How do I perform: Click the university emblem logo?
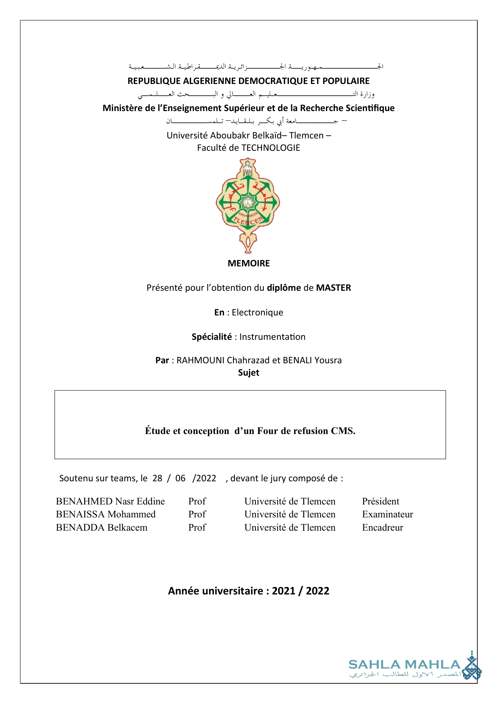248,205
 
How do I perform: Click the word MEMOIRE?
249,263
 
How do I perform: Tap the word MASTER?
333,288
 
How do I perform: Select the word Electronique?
257,312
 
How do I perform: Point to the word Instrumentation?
272,337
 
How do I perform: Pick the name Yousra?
328,360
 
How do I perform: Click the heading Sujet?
249,373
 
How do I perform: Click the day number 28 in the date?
157,478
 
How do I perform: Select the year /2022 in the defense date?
204,478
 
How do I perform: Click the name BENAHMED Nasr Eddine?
110,501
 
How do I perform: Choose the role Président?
381,501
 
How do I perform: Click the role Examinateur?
388,514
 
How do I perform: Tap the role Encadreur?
382,527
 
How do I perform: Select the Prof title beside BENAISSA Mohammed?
197,514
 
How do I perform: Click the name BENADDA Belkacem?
101,527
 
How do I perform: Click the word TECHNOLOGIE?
271,148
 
